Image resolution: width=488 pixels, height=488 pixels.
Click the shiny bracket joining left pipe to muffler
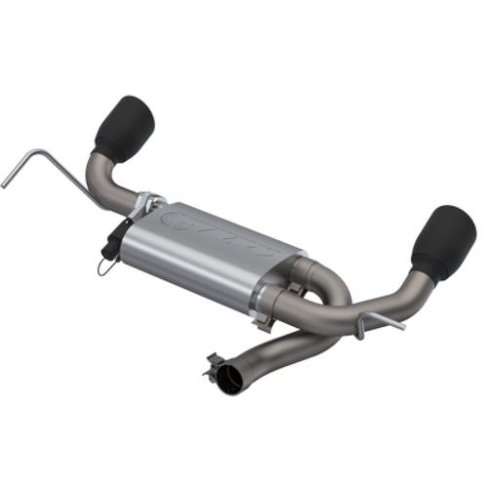coord(148,201)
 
